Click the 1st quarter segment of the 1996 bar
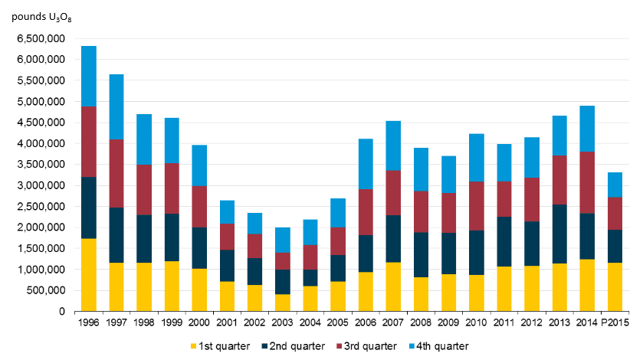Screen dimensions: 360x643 (x=88, y=275)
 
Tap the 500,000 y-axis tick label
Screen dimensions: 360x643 (x=49, y=290)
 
